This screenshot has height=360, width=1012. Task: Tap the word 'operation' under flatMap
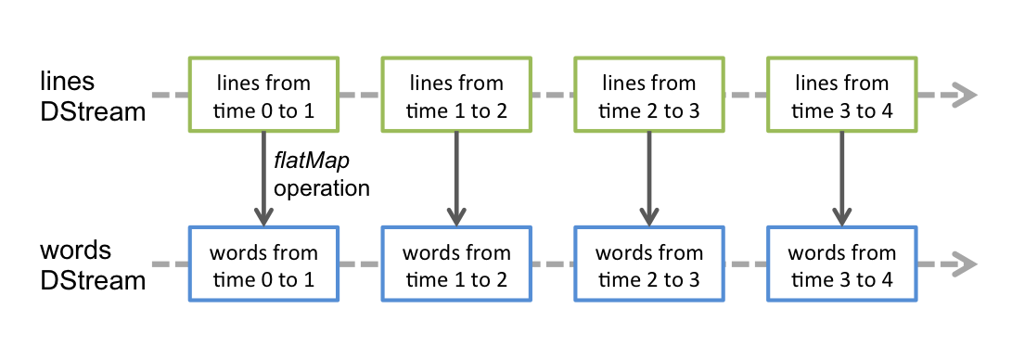pos(322,189)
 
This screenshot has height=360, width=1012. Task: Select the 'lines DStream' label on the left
pos(93,96)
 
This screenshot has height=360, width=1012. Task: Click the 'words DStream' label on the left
pos(93,265)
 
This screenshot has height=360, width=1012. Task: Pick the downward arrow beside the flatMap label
pos(263,179)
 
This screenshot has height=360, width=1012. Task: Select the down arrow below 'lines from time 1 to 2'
pos(456,179)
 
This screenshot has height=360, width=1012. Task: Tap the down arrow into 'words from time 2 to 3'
pos(649,179)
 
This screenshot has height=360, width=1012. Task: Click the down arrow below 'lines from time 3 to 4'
pos(842,179)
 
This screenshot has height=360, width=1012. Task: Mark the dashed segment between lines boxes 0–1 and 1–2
pos(360,95)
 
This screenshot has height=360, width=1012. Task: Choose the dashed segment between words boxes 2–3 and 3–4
pos(746,264)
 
